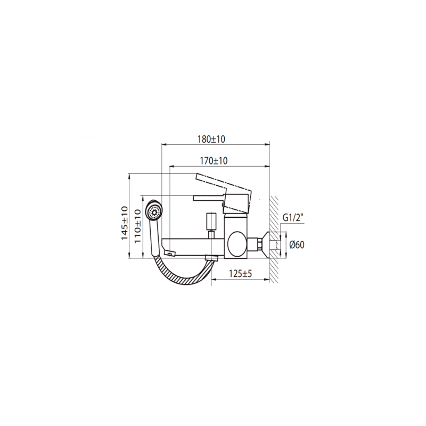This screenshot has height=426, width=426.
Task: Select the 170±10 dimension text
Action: tap(215, 160)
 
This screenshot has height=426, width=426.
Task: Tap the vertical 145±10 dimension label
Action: tap(125, 223)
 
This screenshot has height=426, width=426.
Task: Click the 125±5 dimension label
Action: tap(240, 274)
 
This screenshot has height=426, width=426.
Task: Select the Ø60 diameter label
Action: tap(297, 245)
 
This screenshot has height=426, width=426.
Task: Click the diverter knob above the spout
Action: tap(211, 219)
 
